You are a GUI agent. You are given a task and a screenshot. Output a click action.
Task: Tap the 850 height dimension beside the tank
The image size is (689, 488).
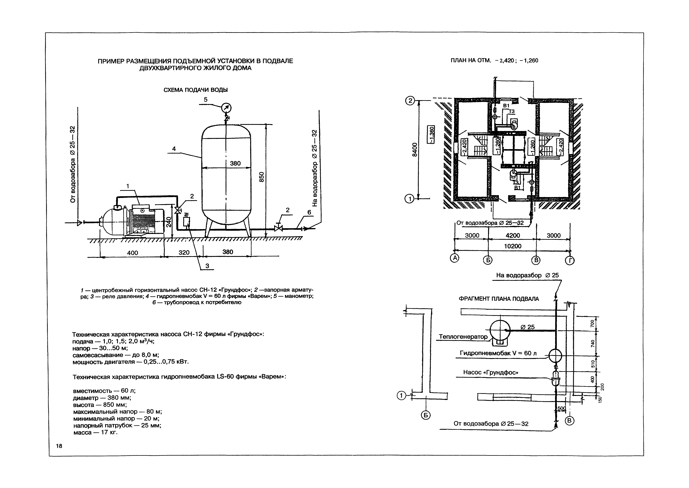[261, 177]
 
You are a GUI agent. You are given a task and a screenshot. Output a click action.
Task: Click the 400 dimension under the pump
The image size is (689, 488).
[132, 253]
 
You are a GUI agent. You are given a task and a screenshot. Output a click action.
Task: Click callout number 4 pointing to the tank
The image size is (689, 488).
[174, 149]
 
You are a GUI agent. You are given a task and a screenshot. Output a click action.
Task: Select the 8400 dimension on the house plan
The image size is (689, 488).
[414, 149]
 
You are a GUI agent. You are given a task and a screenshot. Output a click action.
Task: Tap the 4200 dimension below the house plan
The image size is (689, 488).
[512, 236]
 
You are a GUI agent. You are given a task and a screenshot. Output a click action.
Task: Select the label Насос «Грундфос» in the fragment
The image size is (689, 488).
[491, 372]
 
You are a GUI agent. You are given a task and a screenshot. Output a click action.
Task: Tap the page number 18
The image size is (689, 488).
[59, 446]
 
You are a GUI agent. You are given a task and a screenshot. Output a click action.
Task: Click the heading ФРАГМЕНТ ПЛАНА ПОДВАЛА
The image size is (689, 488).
[499, 299]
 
